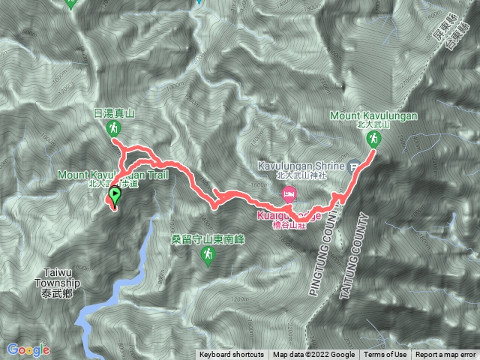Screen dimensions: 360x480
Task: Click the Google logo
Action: click(28, 349)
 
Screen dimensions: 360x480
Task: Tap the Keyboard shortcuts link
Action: click(231, 355)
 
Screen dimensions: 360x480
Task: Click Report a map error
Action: click(445, 355)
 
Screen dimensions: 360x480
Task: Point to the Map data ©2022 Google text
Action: click(313, 355)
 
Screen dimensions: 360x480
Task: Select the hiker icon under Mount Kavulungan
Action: click(373, 139)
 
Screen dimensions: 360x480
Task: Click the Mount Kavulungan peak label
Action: click(373, 115)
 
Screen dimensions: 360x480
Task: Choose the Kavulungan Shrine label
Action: click(307, 165)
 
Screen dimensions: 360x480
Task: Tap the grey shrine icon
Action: click(355, 166)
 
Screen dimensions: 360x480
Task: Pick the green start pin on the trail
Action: click(114, 196)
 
